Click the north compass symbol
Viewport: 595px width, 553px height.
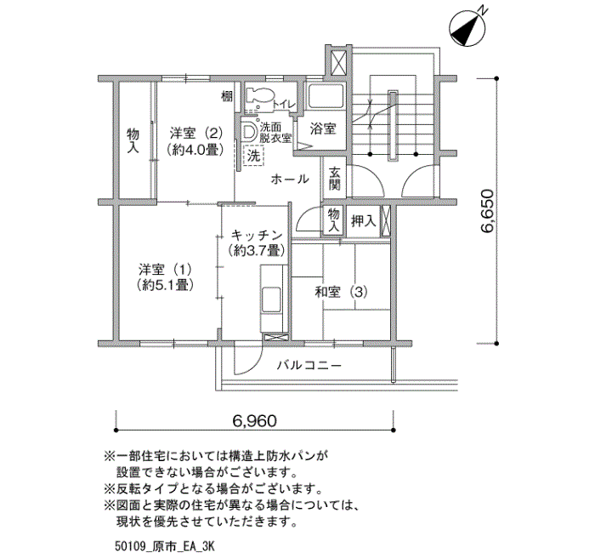pos(467,27)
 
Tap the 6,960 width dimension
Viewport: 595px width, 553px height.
pos(254,421)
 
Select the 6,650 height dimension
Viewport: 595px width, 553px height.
pos(487,211)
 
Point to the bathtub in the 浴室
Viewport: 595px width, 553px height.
pos(326,96)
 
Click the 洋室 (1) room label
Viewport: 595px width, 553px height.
pos(165,277)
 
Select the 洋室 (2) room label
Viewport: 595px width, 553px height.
pos(195,141)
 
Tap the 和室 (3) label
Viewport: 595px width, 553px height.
pos(341,292)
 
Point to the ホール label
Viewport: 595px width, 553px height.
pos(290,179)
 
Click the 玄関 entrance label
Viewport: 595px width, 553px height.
pos(334,179)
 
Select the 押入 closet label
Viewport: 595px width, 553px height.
pos(363,220)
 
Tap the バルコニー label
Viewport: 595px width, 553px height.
pos(309,366)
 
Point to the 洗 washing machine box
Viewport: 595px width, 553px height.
pos(253,156)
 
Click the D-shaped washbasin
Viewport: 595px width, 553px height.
pos(248,131)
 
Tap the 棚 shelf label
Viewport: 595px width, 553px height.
pos(227,97)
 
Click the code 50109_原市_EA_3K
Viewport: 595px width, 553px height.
pos(165,546)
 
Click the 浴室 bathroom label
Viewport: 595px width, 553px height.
pos(322,128)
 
